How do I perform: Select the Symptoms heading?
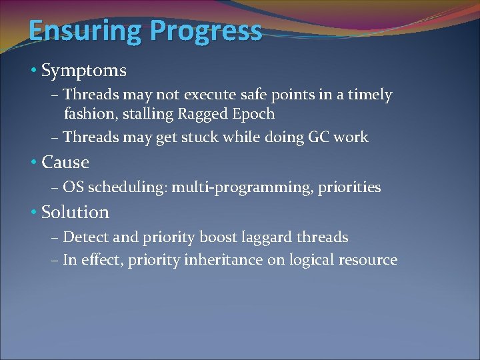[x=84, y=70]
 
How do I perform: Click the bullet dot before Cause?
[x=35, y=162]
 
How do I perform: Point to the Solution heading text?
[x=75, y=213]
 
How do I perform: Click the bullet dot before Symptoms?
[x=35, y=70]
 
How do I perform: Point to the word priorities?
[x=349, y=187]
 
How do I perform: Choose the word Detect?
[x=85, y=237]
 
